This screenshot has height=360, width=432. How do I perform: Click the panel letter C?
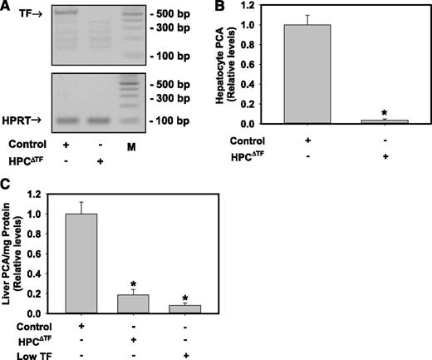(x=7, y=185)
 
